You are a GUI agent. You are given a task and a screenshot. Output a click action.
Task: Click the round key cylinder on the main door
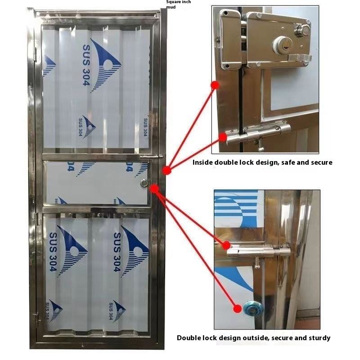tap(144, 183)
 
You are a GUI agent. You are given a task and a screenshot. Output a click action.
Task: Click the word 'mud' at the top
tap(171, 7)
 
